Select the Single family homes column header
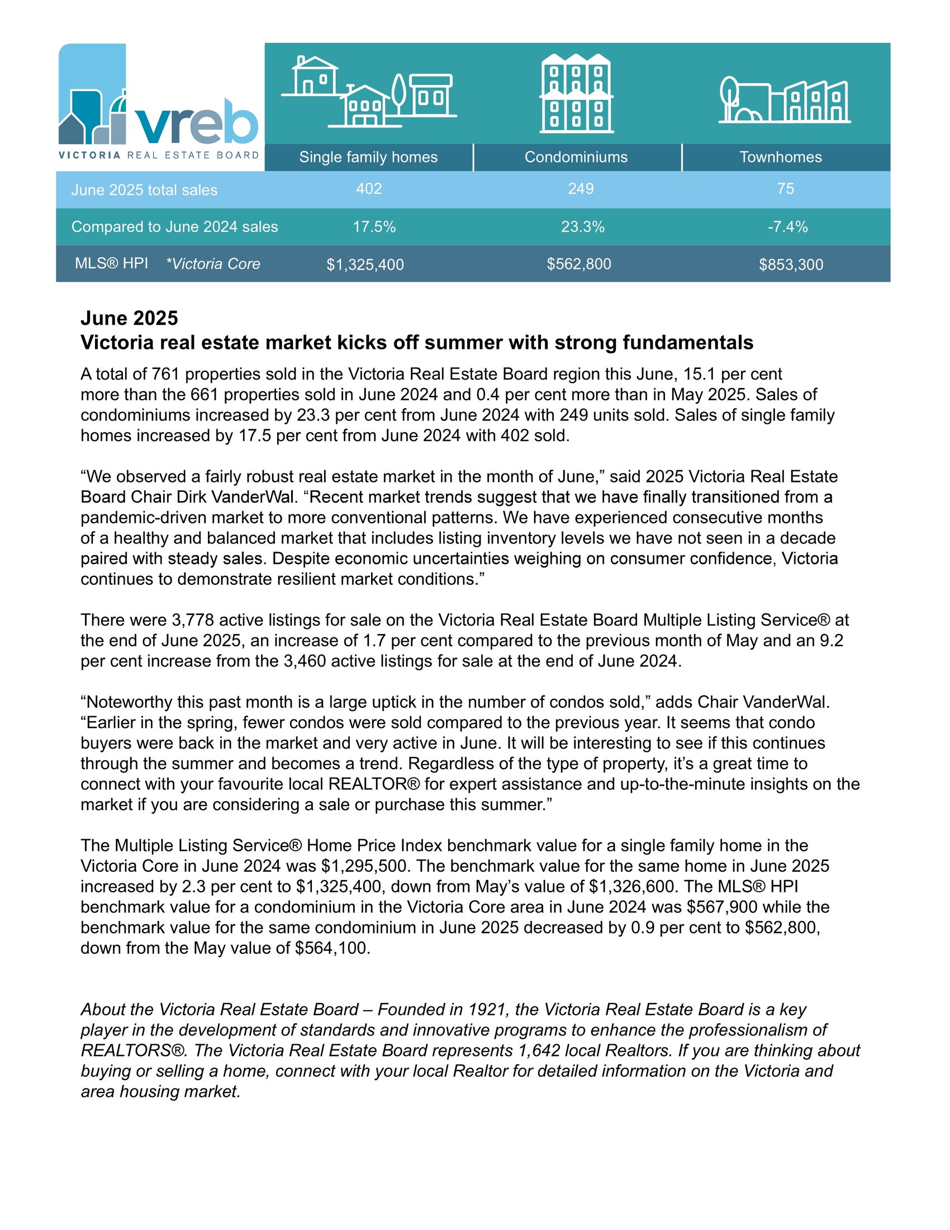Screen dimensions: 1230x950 coord(368,157)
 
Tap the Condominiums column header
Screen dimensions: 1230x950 coord(576,157)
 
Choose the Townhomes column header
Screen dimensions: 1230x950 coord(780,157)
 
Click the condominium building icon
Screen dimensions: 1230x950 coord(576,93)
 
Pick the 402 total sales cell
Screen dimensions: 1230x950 coord(369,188)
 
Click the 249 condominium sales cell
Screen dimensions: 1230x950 coord(580,188)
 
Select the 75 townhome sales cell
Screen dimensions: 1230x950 coord(785,188)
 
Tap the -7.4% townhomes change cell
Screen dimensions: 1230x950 coord(787,227)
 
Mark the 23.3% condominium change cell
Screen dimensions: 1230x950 coord(582,227)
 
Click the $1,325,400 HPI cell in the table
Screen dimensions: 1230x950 coord(365,264)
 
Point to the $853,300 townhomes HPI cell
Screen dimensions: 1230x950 coord(791,264)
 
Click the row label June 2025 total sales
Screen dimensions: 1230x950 coord(144,190)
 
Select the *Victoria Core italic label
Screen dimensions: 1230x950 coord(213,264)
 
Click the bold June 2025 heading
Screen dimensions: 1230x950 coord(130,318)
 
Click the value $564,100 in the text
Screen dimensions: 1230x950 coord(332,948)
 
